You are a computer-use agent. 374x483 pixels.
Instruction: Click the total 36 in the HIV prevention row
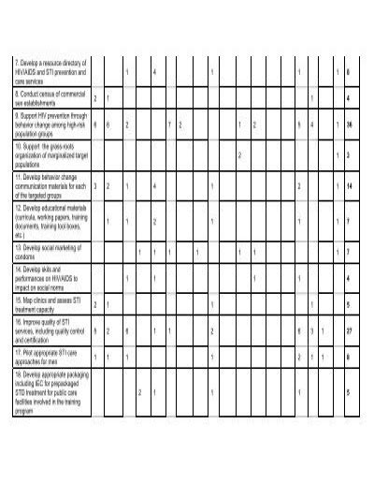pos(348,124)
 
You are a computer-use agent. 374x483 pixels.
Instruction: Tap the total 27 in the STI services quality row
pos(348,331)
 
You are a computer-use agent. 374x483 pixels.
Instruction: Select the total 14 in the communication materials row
pos(348,186)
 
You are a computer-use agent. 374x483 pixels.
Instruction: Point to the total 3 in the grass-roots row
pos(348,155)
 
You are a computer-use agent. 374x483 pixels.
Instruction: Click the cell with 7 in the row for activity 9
pos(168,124)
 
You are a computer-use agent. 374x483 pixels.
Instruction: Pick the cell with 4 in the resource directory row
pos(153,71)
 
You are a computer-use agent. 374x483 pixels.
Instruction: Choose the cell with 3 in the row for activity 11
pos(95,186)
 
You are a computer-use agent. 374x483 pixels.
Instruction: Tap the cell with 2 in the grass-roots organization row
pos(239,155)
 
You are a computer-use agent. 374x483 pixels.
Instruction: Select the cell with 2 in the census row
pos(95,97)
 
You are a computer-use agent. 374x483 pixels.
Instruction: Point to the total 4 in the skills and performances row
pos(348,278)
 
